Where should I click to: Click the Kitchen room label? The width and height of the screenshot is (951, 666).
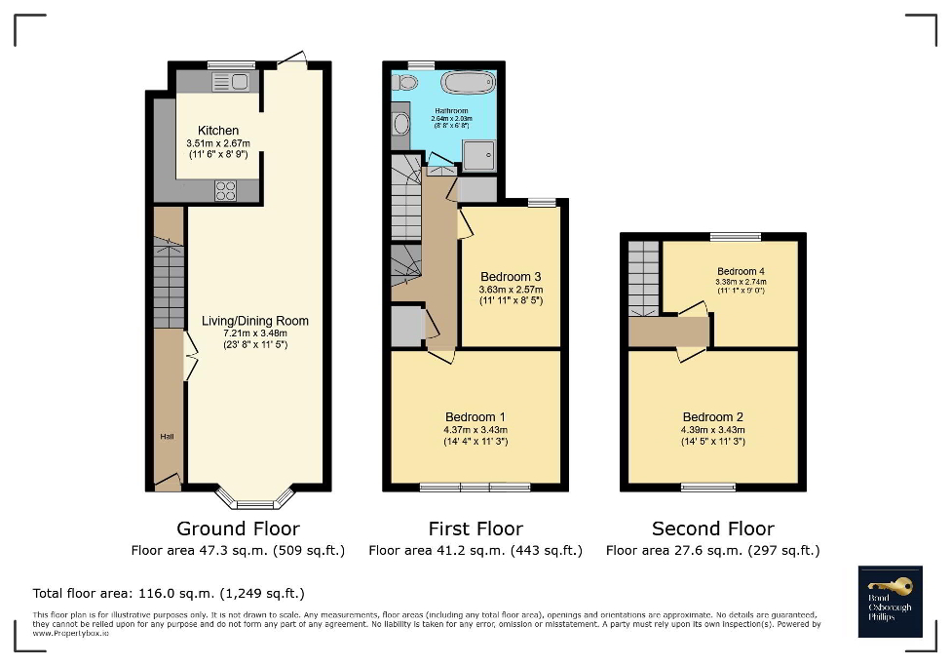coord(217,131)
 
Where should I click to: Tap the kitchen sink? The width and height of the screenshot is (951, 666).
coord(230,83)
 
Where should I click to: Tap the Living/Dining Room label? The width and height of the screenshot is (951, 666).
coord(255,321)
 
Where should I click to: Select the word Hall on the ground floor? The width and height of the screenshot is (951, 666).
coord(168,437)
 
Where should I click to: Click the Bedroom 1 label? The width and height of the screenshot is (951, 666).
coord(476,416)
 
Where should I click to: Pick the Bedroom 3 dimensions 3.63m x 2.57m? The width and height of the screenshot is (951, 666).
coord(511,290)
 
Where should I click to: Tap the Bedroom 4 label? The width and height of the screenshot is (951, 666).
coord(742,271)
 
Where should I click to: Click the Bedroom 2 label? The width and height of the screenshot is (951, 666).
coord(713,416)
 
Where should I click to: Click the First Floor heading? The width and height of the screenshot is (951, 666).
coord(475,529)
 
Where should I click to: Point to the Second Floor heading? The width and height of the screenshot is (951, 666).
coord(713,529)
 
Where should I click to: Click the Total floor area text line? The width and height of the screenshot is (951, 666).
coord(169,593)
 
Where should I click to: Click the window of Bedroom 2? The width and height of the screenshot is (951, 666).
coord(708,487)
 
